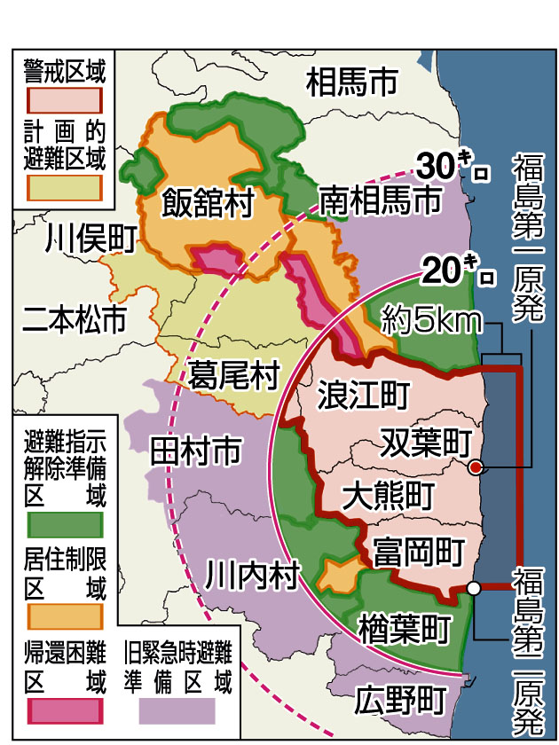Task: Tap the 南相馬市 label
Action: (380, 200)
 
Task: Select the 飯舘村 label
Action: (208, 203)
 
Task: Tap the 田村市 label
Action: (195, 451)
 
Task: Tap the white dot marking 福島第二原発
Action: (474, 587)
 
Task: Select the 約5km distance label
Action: (429, 320)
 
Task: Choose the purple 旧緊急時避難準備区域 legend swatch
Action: (177, 710)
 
